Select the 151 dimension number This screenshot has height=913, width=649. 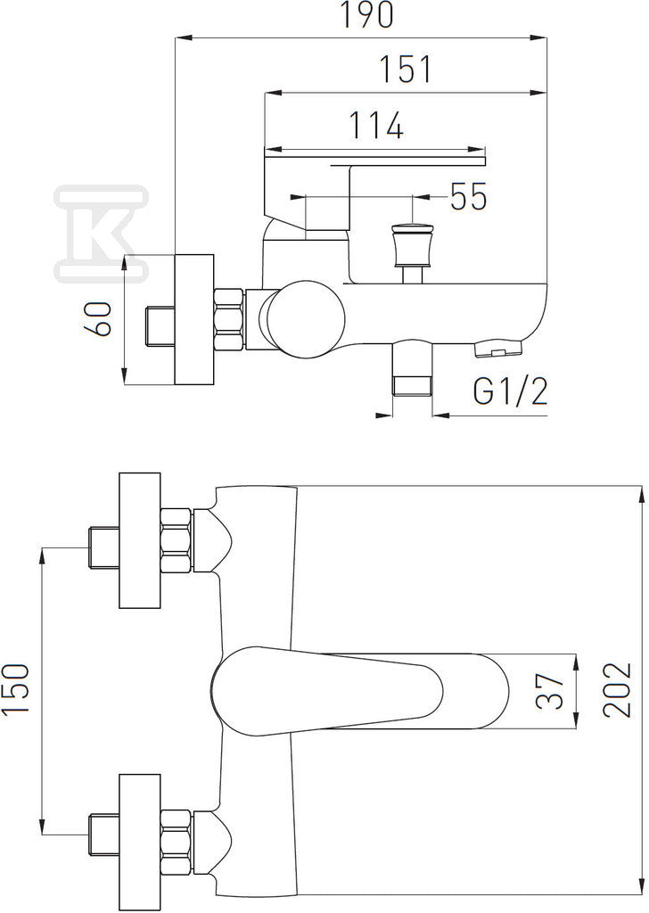pyautogui.click(x=406, y=70)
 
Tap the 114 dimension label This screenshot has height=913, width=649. pyautogui.click(x=375, y=125)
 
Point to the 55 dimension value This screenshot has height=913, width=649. pyautogui.click(x=469, y=196)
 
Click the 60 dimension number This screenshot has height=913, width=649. pyautogui.click(x=98, y=319)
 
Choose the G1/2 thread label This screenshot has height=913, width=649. pyautogui.click(x=511, y=392)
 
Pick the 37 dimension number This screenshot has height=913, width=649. pyautogui.click(x=550, y=691)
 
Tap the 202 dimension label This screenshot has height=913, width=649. pyautogui.click(x=617, y=691)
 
